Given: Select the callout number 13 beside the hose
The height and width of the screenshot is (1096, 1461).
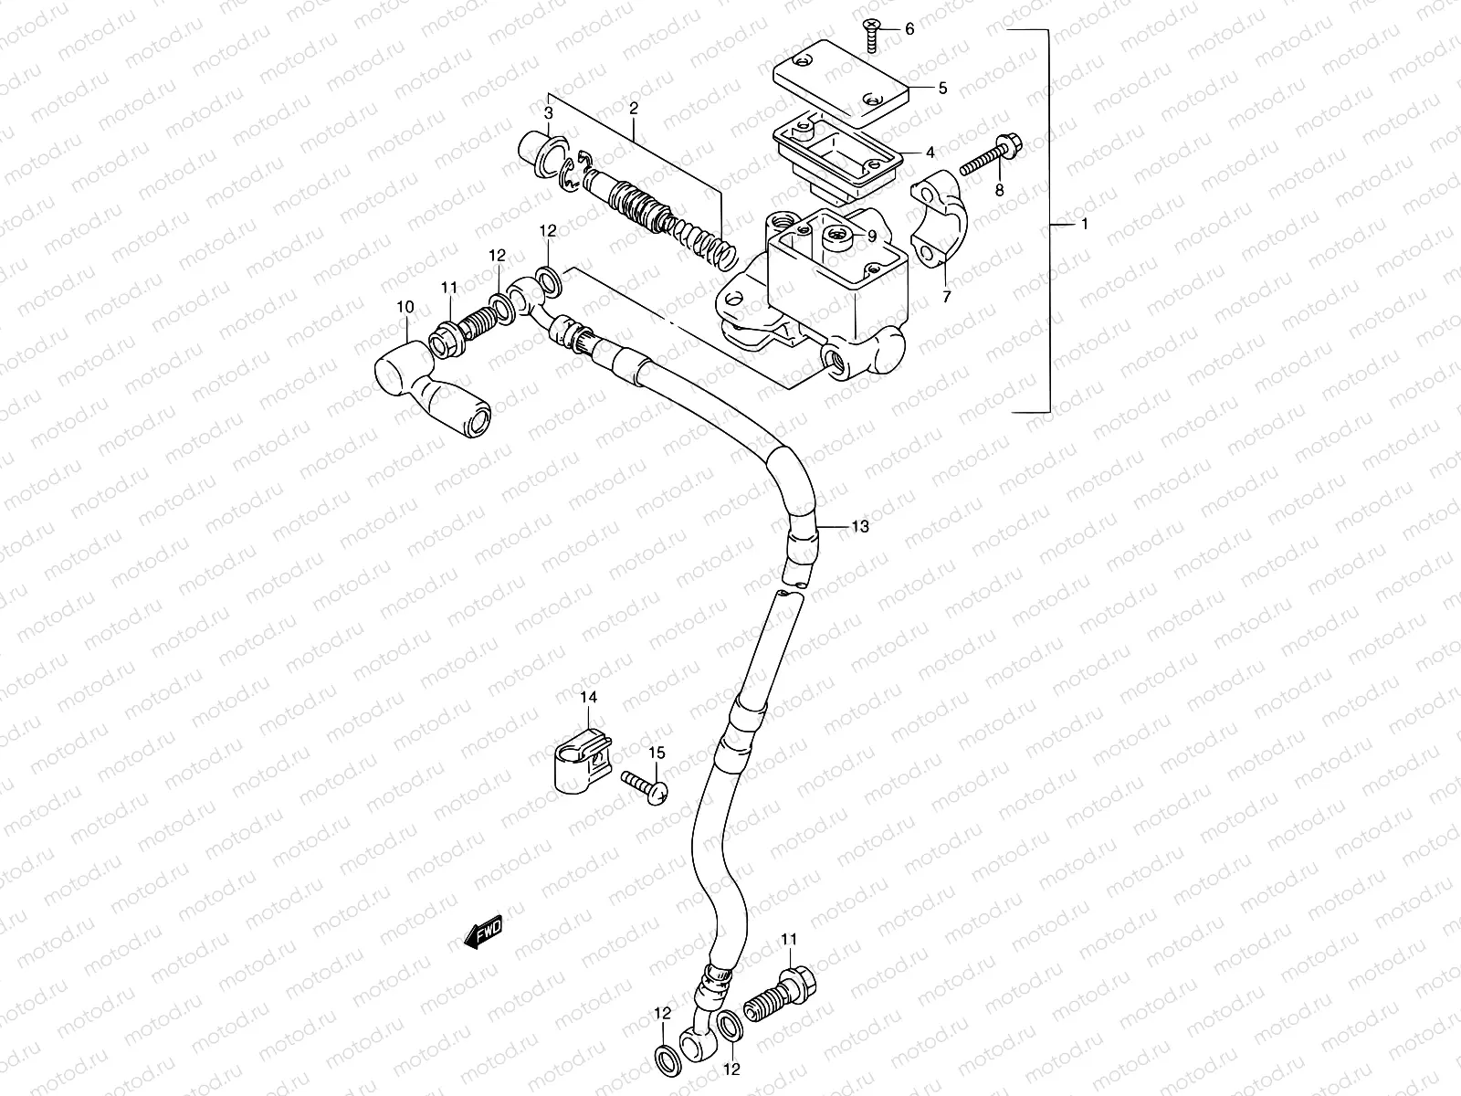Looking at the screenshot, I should click(x=860, y=527).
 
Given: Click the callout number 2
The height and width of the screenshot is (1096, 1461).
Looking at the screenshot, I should click(x=632, y=108).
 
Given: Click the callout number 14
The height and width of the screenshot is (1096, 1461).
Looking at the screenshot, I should click(x=588, y=698).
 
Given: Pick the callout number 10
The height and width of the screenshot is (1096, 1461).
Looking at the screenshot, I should click(x=405, y=306).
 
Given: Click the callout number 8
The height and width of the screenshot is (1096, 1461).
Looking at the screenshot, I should click(x=999, y=190).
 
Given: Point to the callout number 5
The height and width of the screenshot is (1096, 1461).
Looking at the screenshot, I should click(x=942, y=89).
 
